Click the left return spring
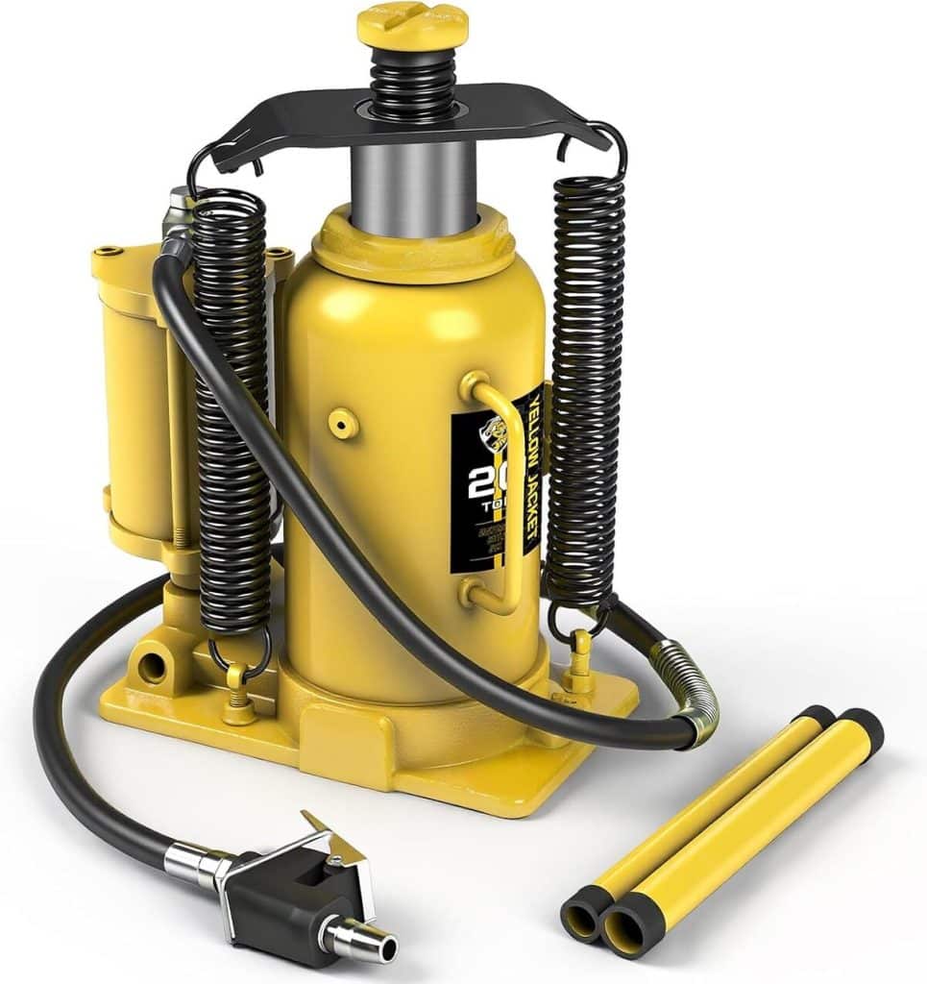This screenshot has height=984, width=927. click(232, 413)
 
